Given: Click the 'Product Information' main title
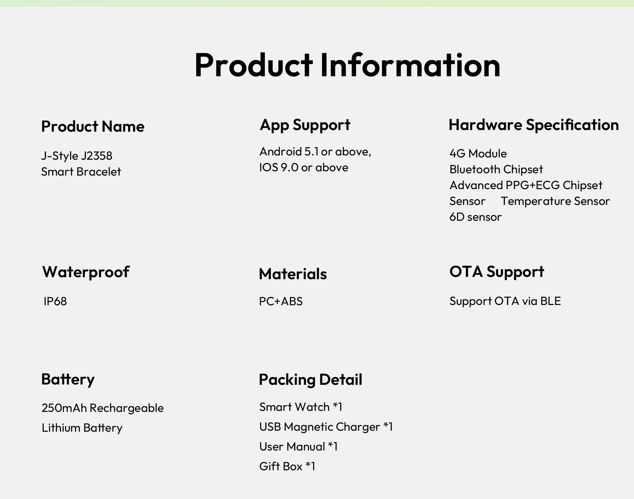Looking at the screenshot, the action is pos(347,65).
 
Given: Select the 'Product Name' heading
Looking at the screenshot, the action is pos(93,126).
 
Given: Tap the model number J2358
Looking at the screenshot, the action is pos(97,155).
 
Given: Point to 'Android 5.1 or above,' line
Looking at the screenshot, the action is pos(315,151).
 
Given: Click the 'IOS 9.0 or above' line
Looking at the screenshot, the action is pos(304,167).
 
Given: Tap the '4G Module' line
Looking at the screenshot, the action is pos(478,153).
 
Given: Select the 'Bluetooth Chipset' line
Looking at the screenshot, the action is pos(496,169).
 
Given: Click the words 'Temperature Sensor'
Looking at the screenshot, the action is pos(555,201).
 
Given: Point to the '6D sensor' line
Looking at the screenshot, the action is pos(475,217).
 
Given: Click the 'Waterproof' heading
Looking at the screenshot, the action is pos(86,272).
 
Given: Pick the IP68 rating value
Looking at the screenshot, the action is pos(55,301).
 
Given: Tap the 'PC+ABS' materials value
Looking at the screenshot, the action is pos(281,301).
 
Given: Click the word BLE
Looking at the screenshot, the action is pos(550,301).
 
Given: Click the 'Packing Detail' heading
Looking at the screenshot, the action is pos(310,380).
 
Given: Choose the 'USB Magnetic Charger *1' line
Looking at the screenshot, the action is pos(326,427).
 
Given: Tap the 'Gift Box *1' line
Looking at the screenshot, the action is pos(287,466).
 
